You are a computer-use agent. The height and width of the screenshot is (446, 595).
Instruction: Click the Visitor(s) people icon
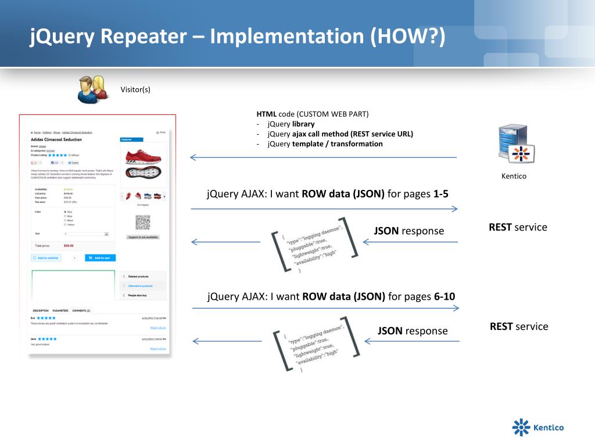[92, 89]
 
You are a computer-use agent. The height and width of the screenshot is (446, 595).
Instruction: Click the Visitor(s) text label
[135, 89]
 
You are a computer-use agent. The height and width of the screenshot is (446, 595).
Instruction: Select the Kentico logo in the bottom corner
[537, 428]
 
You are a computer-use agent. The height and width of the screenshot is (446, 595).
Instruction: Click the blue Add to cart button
[100, 258]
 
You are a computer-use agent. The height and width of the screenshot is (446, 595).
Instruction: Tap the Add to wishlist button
[46, 258]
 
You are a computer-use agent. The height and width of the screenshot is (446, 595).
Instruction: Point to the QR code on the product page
[142, 222]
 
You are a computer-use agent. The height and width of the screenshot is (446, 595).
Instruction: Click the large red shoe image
[142, 155]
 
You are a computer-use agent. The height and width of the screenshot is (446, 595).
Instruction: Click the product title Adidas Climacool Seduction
[56, 140]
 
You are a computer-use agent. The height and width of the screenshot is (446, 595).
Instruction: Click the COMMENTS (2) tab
[81, 311]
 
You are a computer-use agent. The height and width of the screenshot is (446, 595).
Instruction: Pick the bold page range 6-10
[445, 297]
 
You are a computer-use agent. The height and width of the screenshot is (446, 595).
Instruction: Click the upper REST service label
[518, 227]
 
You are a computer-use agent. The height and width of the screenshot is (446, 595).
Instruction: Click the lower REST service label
[519, 326]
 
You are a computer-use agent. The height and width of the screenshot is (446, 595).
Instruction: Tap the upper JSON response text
[408, 231]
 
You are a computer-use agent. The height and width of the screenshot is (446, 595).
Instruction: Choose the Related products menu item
[141, 276]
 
